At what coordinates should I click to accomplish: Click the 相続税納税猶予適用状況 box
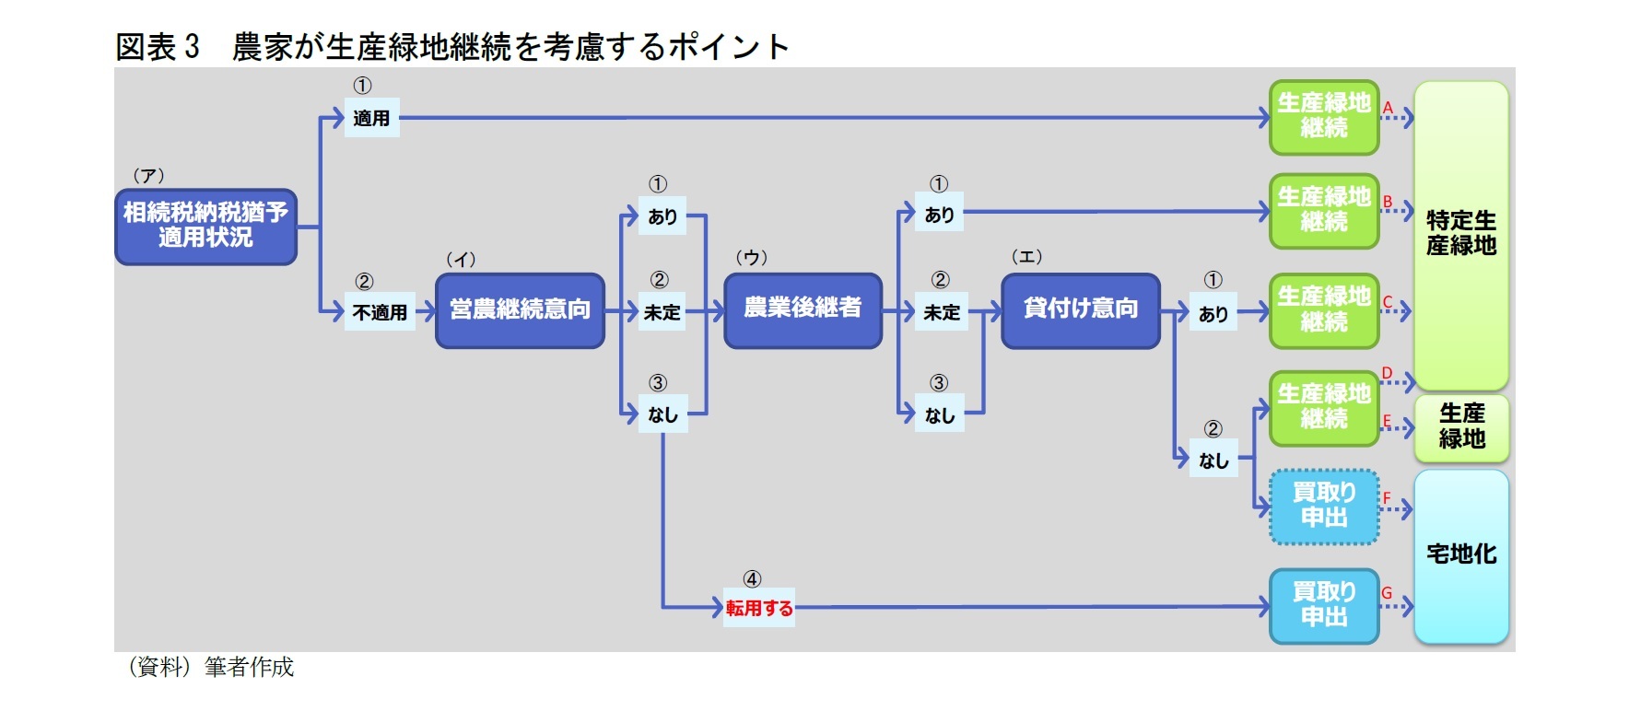tap(205, 227)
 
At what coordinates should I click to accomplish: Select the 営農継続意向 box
tap(520, 310)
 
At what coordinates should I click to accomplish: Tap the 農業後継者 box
tap(803, 309)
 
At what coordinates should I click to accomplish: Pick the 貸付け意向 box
tap(1080, 309)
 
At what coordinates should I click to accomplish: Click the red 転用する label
tap(758, 608)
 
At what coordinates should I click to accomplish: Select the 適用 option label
tap(371, 118)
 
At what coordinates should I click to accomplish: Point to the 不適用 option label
tap(380, 312)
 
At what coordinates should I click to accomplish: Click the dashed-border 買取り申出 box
tap(1324, 507)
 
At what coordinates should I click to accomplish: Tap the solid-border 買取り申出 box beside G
tap(1324, 605)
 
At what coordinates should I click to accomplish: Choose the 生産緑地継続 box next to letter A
tap(1324, 117)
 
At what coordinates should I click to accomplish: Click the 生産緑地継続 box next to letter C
tap(1324, 310)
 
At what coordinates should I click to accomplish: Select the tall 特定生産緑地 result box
tap(1460, 234)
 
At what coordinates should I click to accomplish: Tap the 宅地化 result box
tap(1460, 554)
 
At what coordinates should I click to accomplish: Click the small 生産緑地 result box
tap(1461, 427)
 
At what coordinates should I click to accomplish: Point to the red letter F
tap(1387, 498)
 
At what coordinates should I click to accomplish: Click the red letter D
tap(1387, 373)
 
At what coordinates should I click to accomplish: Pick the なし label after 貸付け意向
tap(1213, 460)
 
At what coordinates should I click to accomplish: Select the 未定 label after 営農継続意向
tap(662, 312)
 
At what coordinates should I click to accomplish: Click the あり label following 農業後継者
tap(939, 215)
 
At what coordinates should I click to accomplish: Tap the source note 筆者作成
tap(249, 667)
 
